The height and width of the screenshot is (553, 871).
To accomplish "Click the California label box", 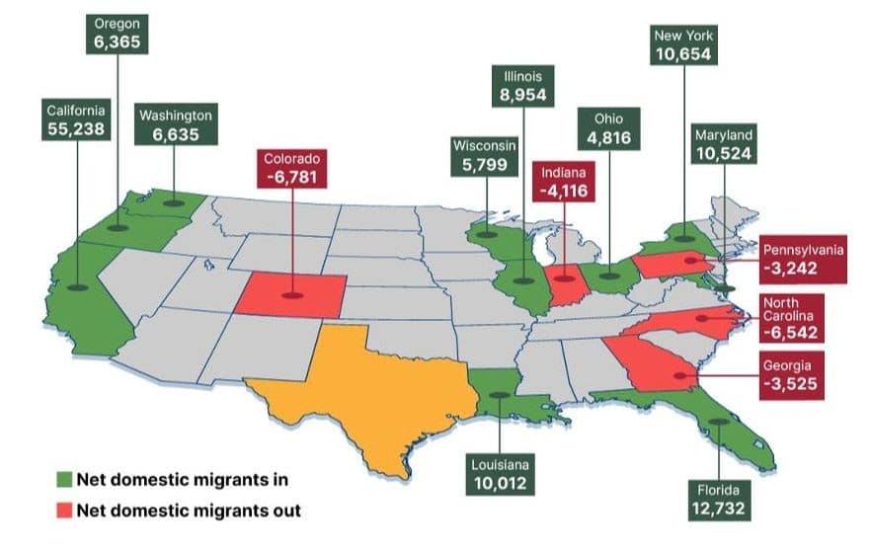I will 76,119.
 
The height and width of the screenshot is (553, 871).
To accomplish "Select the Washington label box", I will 176,125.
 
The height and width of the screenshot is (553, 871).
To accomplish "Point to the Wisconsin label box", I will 484,156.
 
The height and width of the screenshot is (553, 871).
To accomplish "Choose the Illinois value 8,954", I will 522,96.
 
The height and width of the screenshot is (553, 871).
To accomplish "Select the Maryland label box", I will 724,144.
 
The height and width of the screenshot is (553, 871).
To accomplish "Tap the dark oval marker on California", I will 77,287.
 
